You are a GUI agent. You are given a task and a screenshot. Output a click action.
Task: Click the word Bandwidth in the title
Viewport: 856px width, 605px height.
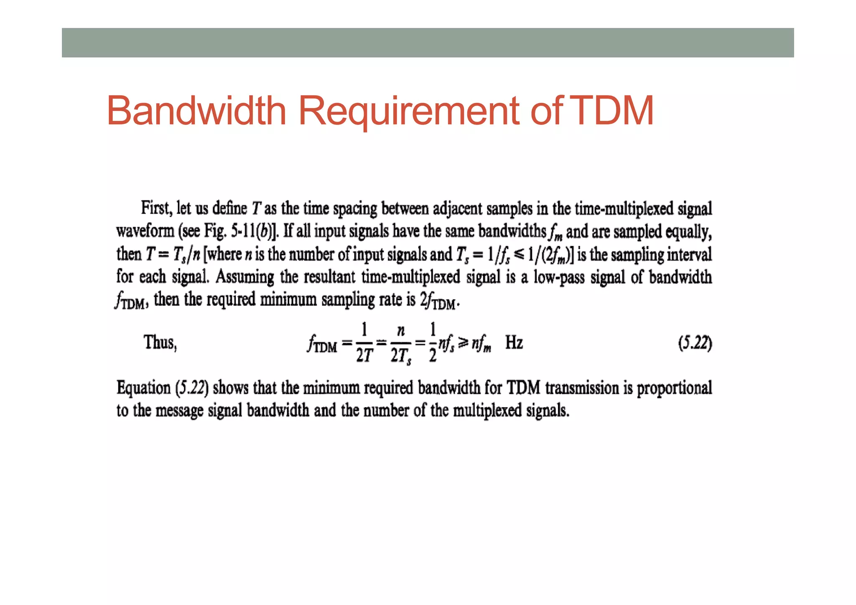coord(196,111)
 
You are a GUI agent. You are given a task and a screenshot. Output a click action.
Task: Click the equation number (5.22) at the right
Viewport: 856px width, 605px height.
coord(695,343)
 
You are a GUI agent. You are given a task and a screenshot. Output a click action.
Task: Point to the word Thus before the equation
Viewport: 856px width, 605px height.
coord(160,342)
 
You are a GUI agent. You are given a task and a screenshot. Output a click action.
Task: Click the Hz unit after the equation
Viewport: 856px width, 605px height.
coord(514,343)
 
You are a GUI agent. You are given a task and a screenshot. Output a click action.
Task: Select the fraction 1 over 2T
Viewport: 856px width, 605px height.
coord(364,343)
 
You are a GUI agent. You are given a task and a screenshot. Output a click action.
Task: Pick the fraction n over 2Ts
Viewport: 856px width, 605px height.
coord(400,343)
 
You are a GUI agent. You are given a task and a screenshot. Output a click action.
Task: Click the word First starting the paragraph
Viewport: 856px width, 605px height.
coord(156,208)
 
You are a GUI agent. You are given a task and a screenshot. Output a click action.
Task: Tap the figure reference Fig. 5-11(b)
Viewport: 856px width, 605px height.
coord(241,231)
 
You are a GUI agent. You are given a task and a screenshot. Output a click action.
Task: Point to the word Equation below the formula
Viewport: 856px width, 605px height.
coord(143,388)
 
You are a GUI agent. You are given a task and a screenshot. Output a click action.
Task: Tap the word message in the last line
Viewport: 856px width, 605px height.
coord(179,411)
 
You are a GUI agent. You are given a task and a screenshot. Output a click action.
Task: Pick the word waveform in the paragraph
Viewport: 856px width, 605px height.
coord(145,231)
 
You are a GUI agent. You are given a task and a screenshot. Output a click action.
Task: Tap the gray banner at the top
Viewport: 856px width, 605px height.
coord(428,43)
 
